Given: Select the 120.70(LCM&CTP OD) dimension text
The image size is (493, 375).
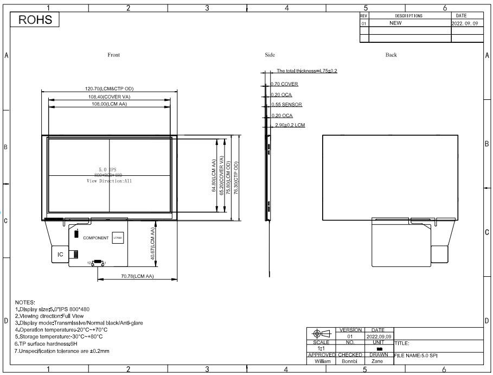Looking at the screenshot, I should (109, 88).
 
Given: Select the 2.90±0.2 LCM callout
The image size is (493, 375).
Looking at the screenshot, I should (290, 125).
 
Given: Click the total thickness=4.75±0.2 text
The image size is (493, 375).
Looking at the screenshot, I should (307, 71).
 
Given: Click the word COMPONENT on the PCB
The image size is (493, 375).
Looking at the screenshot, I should (95, 238).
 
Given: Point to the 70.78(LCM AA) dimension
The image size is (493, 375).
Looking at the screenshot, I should (136, 276).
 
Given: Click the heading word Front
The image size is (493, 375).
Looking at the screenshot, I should (114, 55).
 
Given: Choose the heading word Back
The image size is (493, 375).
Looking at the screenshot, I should (391, 55).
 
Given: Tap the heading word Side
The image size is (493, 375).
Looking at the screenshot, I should (270, 55).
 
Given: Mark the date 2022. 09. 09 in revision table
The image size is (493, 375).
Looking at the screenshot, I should (466, 23).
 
